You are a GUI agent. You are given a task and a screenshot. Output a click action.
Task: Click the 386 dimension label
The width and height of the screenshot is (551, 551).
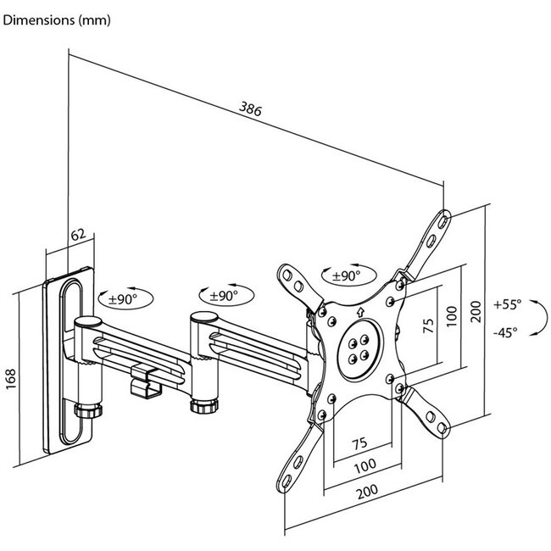[x=250, y=109]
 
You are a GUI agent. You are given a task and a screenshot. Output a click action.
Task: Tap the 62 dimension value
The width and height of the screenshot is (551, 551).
[x=78, y=234]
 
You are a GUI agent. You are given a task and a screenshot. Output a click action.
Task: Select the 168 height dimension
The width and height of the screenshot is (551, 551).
[x=11, y=379]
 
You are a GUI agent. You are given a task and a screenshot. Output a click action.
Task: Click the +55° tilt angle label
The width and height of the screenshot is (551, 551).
[x=508, y=304]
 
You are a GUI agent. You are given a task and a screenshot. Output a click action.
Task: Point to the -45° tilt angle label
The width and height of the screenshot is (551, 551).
[x=505, y=331]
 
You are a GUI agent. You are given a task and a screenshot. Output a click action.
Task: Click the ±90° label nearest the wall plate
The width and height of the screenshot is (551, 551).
[x=122, y=299]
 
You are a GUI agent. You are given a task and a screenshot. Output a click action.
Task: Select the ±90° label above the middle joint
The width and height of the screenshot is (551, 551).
[x=224, y=296]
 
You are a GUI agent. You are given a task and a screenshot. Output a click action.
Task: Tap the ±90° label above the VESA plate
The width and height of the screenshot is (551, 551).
[x=346, y=275]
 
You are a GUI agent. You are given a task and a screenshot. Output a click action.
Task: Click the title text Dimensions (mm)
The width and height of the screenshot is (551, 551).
[x=57, y=20]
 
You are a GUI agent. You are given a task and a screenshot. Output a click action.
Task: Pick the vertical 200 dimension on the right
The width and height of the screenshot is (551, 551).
[x=476, y=311]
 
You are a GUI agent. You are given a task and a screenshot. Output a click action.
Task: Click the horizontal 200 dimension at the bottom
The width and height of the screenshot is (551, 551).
[x=368, y=492]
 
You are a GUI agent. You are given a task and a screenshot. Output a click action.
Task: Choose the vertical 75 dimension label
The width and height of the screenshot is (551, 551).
[x=428, y=326]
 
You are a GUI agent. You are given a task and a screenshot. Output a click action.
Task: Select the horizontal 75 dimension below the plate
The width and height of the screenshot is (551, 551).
[x=359, y=443]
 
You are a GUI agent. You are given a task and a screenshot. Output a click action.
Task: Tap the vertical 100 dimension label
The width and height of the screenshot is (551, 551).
[x=453, y=316]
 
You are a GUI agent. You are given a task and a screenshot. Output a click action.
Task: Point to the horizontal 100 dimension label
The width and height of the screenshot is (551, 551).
[x=365, y=466]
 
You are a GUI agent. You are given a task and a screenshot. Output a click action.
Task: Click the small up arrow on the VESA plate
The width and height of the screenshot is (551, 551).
[x=360, y=312]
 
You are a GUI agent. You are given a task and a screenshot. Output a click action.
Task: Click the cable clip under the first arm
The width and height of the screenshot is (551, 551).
[x=146, y=381]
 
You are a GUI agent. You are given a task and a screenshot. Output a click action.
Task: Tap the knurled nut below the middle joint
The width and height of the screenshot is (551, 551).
[x=204, y=406]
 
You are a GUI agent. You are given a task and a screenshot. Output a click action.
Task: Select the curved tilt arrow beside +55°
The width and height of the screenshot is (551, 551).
[x=539, y=318]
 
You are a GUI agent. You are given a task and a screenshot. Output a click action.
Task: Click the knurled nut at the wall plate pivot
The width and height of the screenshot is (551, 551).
[x=88, y=410]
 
